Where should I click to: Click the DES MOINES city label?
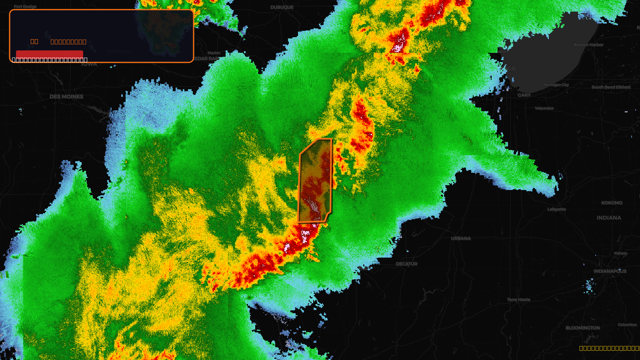pyautogui.click(x=66, y=97)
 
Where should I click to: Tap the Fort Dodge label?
pyautogui.click(x=25, y=7)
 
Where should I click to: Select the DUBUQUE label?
pyautogui.click(x=282, y=8)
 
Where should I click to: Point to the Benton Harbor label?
pyautogui.click(x=588, y=45)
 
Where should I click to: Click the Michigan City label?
pyautogui.click(x=556, y=85)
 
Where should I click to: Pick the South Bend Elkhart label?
pyautogui.click(x=611, y=87)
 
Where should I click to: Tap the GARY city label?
pyautogui.click(x=524, y=95)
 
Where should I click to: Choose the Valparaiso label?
pyautogui.click(x=544, y=108)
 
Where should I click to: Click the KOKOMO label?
pyautogui.click(x=612, y=203)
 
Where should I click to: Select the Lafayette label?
pyautogui.click(x=557, y=209)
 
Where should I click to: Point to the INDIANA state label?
pyautogui.click(x=609, y=218)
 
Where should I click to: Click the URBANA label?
pyautogui.click(x=461, y=239)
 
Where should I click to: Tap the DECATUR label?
pyautogui.click(x=406, y=264)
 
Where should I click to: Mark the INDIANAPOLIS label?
pyautogui.click(x=610, y=271)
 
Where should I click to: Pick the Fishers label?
pyautogui.click(x=620, y=254)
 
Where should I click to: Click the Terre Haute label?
pyautogui.click(x=518, y=300)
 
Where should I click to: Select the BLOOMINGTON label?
pyautogui.click(x=582, y=328)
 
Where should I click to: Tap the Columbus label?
pyautogui.click(x=627, y=325)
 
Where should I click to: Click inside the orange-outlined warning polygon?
pyautogui.click(x=315, y=180)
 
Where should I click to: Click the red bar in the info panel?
pyautogui.click(x=49, y=54)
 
